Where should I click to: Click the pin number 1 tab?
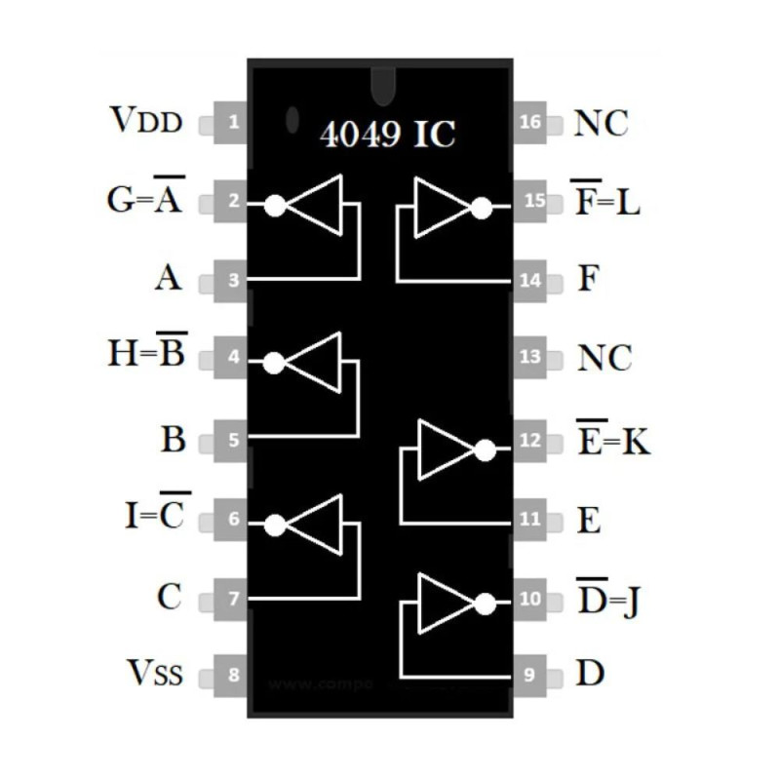232,124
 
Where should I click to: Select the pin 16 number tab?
530,124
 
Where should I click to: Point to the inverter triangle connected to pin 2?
317,205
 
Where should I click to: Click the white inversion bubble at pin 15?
480,207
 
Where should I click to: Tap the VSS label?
153,673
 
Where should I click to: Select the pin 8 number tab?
232,674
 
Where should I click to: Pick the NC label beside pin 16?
601,125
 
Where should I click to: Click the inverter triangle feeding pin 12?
444,449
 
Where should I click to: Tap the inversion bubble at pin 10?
484,604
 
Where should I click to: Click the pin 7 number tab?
232,598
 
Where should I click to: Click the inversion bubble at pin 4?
274,363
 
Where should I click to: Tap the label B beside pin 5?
173,439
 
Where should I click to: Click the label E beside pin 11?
589,522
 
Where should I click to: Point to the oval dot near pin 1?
292,119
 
